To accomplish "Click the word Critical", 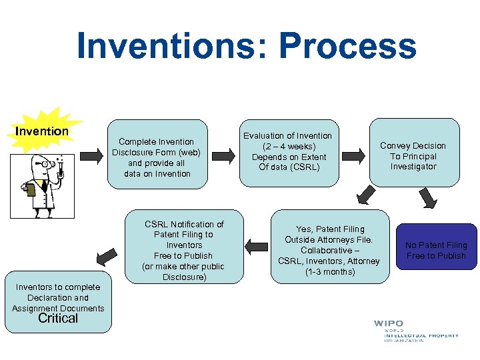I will click(x=58, y=319).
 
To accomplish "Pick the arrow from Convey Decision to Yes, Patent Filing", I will click(x=366, y=195).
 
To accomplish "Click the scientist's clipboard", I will click(x=30, y=191).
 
